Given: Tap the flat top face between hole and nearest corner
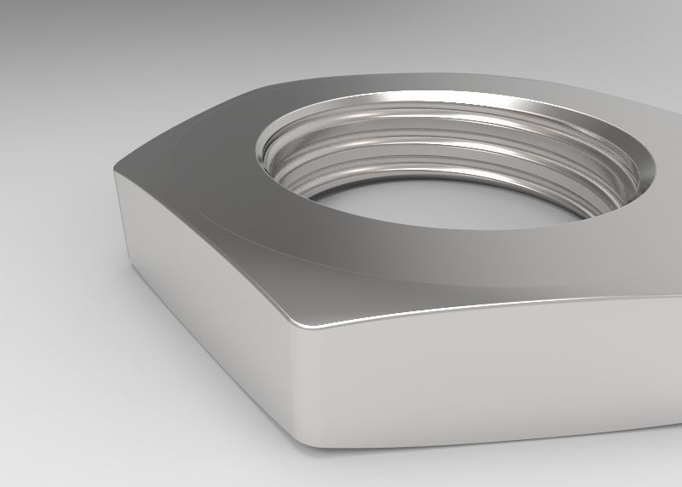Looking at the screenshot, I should coord(358,264).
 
